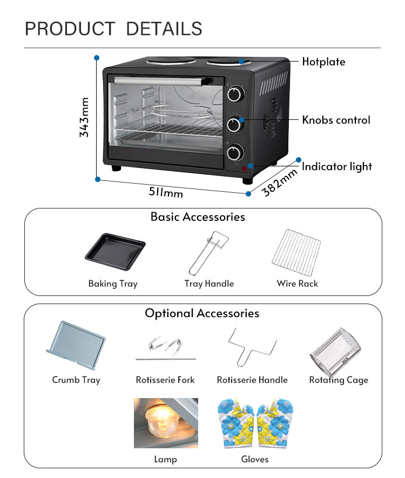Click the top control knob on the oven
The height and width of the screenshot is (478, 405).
234,95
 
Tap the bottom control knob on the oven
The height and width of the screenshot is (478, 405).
234,153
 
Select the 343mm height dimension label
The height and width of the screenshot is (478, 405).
84,117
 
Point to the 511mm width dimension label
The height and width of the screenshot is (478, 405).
166,191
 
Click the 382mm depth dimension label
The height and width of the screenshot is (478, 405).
280,183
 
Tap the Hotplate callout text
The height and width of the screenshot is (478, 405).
323,62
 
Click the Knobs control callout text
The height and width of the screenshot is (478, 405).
336,120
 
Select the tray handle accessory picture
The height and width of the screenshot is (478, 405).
207,252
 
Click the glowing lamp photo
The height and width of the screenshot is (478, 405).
166,423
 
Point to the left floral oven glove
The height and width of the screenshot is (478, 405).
236,423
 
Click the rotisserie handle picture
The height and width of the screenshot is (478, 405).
252,347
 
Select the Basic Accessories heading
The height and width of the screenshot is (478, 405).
198,217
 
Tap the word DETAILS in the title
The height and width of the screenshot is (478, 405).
164,29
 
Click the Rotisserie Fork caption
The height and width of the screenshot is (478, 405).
165,380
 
